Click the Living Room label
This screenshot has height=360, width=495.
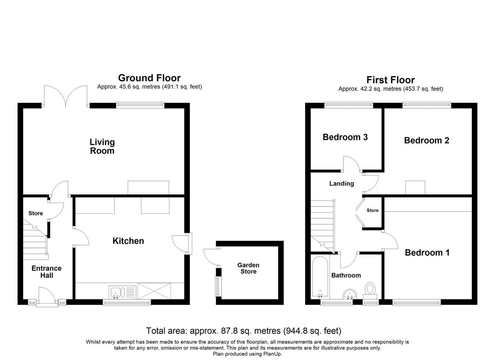pyautogui.click(x=102, y=147)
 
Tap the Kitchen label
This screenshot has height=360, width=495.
pyautogui.click(x=128, y=241)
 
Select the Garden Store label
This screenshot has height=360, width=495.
pyautogui.click(x=248, y=268)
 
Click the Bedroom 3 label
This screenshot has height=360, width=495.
pyautogui.click(x=345, y=137)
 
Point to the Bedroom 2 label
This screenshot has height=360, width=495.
pyautogui.click(x=427, y=140)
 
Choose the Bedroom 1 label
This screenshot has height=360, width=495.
pyautogui.click(x=427, y=253)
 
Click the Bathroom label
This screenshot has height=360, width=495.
pyautogui.click(x=346, y=275)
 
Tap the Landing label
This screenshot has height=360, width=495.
pyautogui.click(x=341, y=184)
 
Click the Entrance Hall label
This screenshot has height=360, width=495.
pyautogui.click(x=46, y=272)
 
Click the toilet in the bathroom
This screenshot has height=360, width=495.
pyautogui.click(x=370, y=290)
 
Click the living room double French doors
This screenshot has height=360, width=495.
pyautogui.click(x=66, y=97)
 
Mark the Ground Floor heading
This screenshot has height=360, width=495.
pyautogui.click(x=149, y=78)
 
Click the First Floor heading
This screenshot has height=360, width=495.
pyautogui.click(x=391, y=80)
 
